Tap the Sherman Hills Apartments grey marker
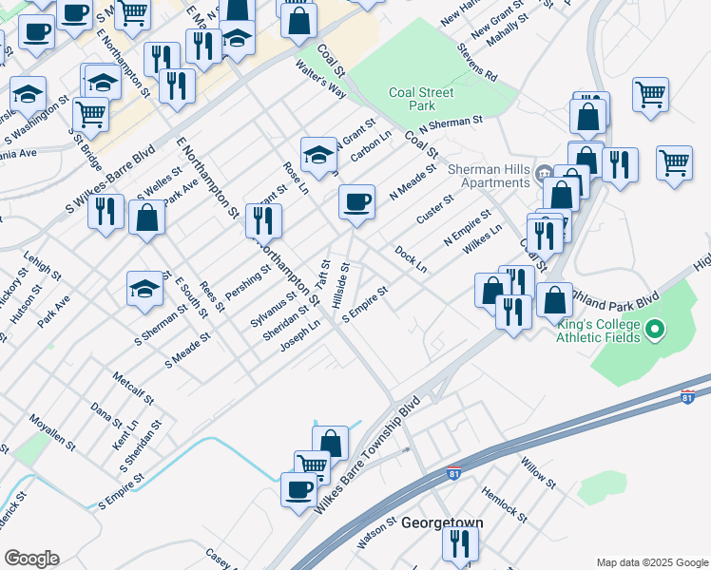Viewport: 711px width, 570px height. tap(544, 173)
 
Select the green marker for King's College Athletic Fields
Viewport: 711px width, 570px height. tap(654, 331)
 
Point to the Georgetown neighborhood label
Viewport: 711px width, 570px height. tap(442, 523)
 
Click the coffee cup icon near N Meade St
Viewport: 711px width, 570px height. tap(356, 202)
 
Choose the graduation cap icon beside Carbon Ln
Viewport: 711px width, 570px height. tap(318, 154)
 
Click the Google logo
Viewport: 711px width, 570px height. tap(31, 559)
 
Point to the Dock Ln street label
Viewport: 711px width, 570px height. tap(411, 260)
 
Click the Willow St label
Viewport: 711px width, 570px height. tap(538, 472)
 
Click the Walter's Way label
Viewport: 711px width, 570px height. tap(320, 80)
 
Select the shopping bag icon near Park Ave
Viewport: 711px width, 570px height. tap(147, 218)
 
